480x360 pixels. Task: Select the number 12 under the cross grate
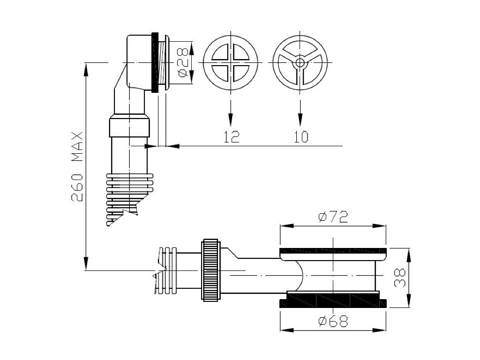tap(231, 137)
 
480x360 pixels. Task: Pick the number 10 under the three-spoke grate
tap(301, 137)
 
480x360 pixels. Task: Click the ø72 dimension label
tap(332, 217)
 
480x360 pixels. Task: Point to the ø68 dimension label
tap(332, 322)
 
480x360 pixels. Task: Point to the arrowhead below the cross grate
tap(230, 118)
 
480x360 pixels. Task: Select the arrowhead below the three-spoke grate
tap(300, 118)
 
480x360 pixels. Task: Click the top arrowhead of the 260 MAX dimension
tap(86, 68)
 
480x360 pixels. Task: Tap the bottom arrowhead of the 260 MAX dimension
tap(86, 265)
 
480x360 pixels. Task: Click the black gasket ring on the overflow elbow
tap(154, 62)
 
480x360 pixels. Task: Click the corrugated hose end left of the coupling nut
tap(169, 271)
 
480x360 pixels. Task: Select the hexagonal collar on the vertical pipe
tap(129, 127)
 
